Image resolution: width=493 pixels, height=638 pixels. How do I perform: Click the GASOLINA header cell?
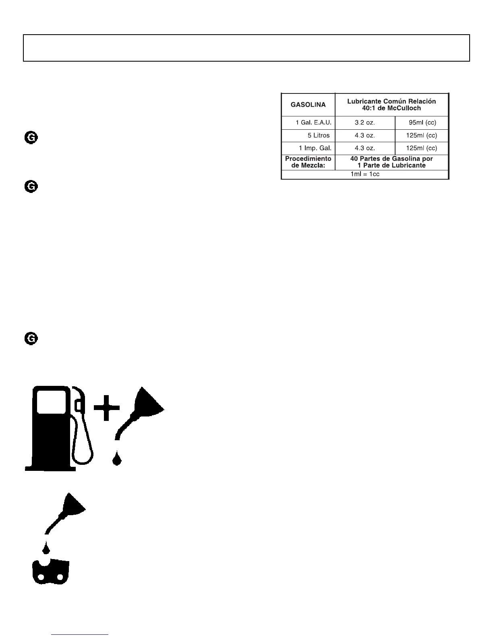(x=308, y=105)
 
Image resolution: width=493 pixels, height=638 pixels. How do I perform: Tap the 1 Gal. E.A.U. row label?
(x=313, y=123)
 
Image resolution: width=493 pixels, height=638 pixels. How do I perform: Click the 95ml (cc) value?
(x=423, y=123)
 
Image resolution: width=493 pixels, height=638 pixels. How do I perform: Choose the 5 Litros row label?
(x=319, y=135)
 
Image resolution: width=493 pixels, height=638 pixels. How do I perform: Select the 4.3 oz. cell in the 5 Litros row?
(x=365, y=135)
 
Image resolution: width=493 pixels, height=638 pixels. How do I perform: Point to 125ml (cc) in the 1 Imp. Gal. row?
(x=421, y=148)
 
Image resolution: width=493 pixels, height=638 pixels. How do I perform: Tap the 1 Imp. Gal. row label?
(x=315, y=148)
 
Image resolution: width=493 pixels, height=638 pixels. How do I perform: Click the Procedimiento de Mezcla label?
(x=308, y=162)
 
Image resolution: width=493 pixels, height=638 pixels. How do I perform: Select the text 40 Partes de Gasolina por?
(x=391, y=159)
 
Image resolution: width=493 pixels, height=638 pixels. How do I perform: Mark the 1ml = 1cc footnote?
(x=365, y=174)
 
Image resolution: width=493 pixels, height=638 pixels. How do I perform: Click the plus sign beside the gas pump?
(x=107, y=407)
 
